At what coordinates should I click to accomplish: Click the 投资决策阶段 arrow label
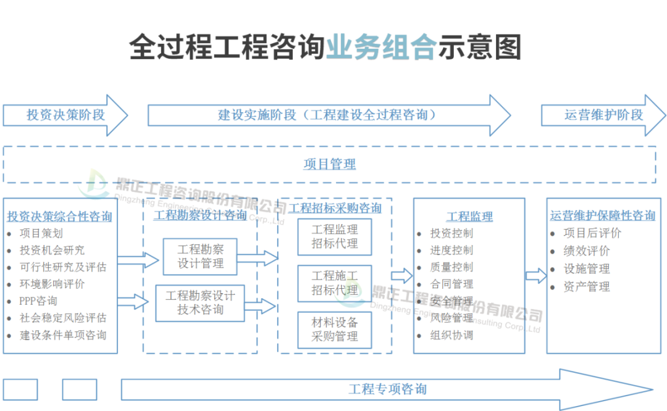tap(65, 115)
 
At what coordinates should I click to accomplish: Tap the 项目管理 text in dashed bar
tap(329, 164)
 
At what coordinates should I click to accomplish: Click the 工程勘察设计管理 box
tap(200, 257)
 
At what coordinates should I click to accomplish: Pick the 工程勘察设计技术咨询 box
tap(200, 303)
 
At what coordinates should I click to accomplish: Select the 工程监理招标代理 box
tap(335, 236)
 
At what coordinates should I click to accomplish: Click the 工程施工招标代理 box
tap(335, 283)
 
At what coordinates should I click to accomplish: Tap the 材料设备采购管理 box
tap(335, 330)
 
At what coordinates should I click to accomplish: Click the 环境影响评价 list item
tap(52, 284)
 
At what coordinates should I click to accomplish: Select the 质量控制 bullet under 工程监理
tap(451, 267)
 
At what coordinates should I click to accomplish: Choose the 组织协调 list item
tap(451, 335)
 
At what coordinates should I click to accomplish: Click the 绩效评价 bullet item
tap(586, 251)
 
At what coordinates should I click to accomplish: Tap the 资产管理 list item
tap(586, 286)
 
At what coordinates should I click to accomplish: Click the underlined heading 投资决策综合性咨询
tap(60, 217)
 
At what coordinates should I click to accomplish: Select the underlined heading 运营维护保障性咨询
tap(603, 215)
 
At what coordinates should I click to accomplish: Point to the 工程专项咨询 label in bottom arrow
tap(387, 389)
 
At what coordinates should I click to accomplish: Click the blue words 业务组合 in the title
tap(381, 48)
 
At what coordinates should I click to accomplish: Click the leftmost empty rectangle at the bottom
tap(20, 389)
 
